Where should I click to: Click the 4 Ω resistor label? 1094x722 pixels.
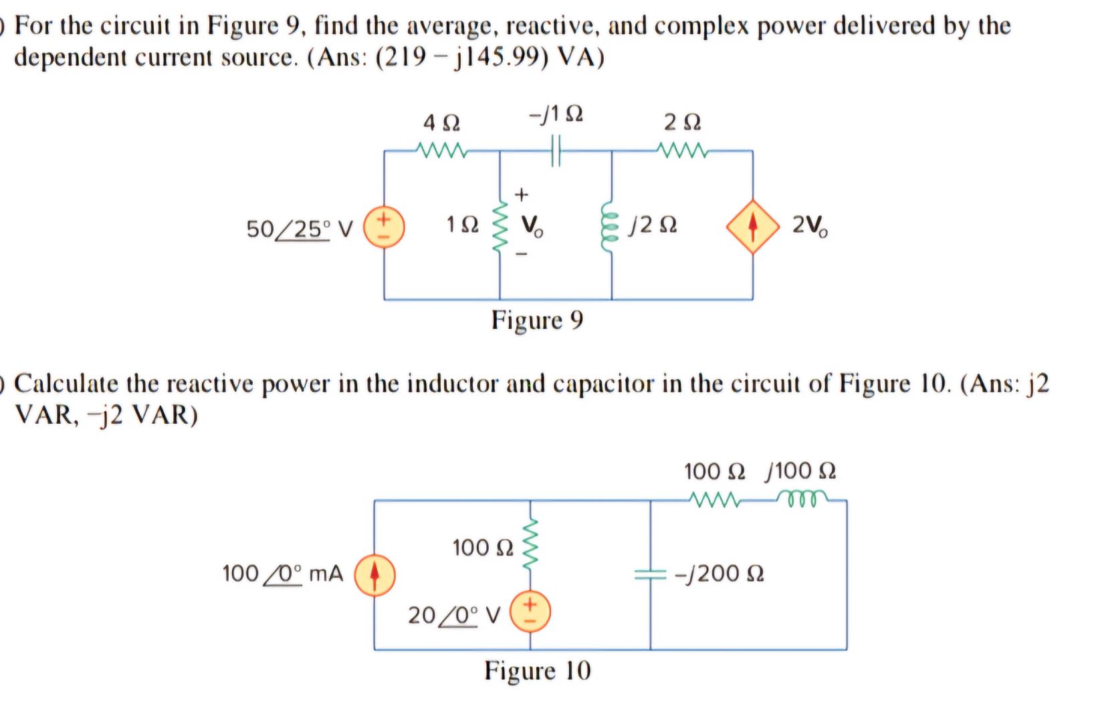tap(441, 123)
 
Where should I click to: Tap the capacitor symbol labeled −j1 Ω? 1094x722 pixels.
tap(556, 151)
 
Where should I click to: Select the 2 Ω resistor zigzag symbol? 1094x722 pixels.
tap(681, 151)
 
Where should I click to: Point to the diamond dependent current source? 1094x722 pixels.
tap(753, 227)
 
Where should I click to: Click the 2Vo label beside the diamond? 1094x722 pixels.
tap(809, 226)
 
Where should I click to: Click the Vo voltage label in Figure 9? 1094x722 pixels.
tap(532, 226)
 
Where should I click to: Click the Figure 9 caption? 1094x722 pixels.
tap(537, 321)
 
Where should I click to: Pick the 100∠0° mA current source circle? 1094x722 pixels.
tap(374, 574)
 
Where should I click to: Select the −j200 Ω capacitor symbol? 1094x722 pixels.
tap(650, 574)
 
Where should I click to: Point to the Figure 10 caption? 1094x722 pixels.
tap(538, 671)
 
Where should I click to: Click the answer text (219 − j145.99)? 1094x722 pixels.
tap(462, 58)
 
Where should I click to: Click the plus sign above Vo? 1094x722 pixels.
tap(522, 195)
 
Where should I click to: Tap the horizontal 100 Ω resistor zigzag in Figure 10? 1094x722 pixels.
tap(714, 499)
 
